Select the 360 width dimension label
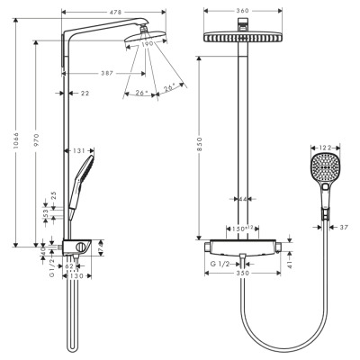pos(239,13)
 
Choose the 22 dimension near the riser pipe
pos(84,92)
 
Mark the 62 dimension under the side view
pos(68,266)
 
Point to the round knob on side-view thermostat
pos(82,247)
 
